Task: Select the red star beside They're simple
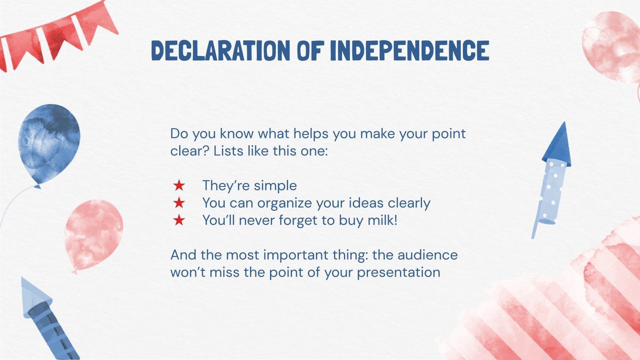(x=179, y=186)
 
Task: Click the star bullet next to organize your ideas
(x=179, y=203)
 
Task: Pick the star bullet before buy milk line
(x=179, y=220)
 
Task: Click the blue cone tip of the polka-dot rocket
(x=558, y=144)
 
